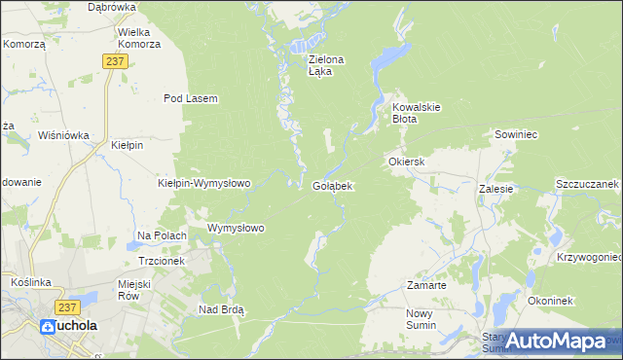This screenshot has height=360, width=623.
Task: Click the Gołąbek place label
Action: pyautogui.click(x=333, y=185)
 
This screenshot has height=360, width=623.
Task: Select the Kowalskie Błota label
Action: pyautogui.click(x=418, y=113)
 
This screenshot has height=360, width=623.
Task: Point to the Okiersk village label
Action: pyautogui.click(x=407, y=162)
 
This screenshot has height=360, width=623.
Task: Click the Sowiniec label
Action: pyautogui.click(x=516, y=134)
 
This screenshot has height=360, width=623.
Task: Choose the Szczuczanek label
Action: pyautogui.click(x=587, y=184)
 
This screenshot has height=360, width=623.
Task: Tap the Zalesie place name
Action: pyautogui.click(x=495, y=189)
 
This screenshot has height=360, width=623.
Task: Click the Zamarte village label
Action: pyautogui.click(x=426, y=286)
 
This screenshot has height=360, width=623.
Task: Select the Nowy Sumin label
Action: pyautogui.click(x=424, y=319)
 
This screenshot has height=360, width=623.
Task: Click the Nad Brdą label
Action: pyautogui.click(x=221, y=309)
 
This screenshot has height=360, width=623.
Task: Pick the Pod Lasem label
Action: pyautogui.click(x=190, y=98)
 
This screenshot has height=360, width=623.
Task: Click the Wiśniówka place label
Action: pyautogui.click(x=63, y=135)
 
